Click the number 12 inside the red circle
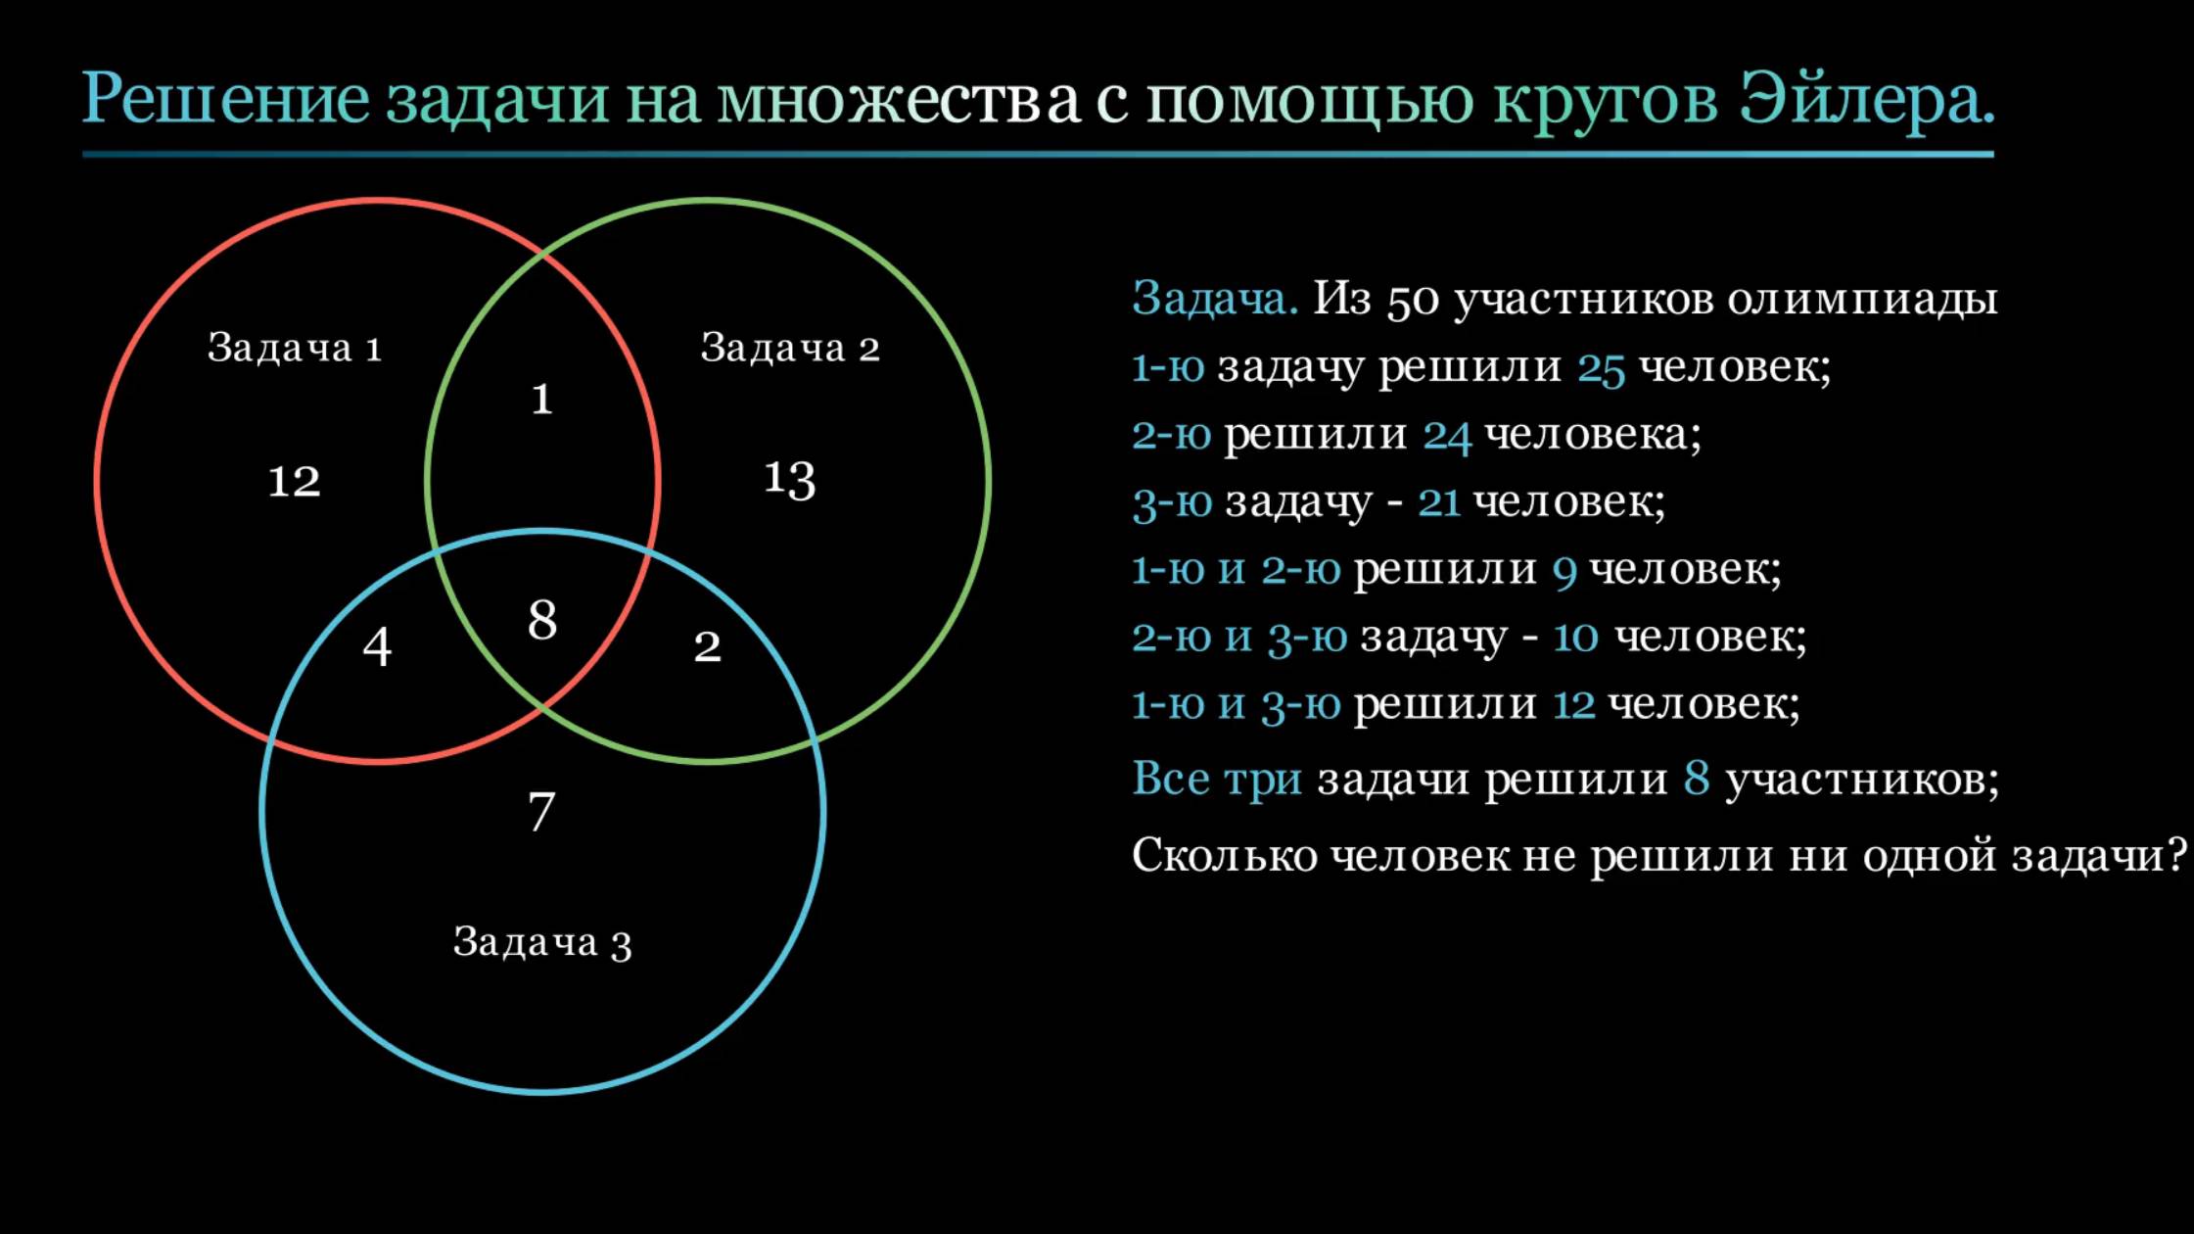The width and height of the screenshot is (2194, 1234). click(x=294, y=481)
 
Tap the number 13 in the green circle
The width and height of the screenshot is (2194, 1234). click(x=789, y=479)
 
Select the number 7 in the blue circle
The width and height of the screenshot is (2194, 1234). click(x=541, y=811)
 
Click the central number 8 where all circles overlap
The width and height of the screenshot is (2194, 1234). click(x=542, y=620)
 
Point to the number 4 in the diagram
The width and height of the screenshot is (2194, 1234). click(x=377, y=646)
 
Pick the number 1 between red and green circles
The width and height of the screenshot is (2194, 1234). click(x=541, y=400)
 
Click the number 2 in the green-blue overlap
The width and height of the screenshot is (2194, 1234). click(x=707, y=646)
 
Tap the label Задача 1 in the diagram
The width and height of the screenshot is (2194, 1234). click(x=294, y=348)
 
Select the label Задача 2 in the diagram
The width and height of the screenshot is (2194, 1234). click(x=789, y=348)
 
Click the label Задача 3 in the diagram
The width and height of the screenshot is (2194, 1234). click(x=541, y=942)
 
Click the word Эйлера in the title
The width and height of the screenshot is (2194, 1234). click(x=1866, y=99)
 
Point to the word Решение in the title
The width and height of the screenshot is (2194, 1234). click(x=226, y=99)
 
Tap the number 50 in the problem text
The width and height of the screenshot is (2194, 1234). click(x=1413, y=300)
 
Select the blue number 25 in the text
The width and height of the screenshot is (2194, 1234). click(x=1601, y=368)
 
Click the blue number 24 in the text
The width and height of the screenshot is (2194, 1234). click(x=1446, y=436)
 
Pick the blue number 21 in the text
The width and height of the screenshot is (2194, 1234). click(x=1438, y=502)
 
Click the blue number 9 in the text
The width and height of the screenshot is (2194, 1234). click(x=1564, y=571)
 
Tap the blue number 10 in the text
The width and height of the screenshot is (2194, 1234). click(x=1575, y=638)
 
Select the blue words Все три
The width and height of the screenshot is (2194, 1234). click(x=1216, y=780)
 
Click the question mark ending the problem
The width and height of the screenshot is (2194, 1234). click(x=2175, y=855)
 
